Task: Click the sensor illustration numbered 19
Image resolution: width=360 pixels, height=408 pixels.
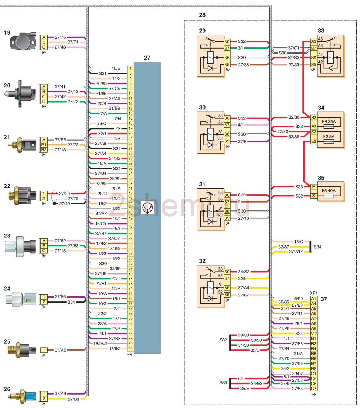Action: [x=23, y=42]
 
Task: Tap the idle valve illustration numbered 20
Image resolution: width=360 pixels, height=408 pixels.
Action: [x=22, y=94]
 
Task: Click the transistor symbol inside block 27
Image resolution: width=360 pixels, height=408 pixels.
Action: [x=148, y=208]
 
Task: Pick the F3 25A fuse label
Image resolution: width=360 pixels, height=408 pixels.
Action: [x=328, y=122]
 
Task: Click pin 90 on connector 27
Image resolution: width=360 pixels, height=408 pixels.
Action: [x=131, y=349]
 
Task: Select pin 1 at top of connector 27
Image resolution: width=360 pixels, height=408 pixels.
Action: [x=131, y=68]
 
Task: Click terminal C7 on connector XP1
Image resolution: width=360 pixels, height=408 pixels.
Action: [x=314, y=389]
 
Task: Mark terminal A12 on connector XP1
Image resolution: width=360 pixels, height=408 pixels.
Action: [x=314, y=334]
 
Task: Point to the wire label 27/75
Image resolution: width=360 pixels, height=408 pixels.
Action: [x=60, y=37]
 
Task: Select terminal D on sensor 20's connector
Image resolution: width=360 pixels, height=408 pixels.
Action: [x=44, y=102]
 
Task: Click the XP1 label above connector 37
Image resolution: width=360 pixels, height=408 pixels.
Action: [x=314, y=293]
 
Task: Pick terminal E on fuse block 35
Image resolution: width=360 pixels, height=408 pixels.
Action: [x=314, y=187]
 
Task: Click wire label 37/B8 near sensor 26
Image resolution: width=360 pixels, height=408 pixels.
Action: [x=73, y=399]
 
